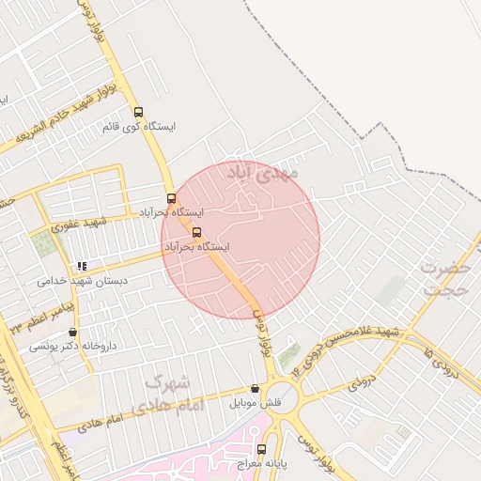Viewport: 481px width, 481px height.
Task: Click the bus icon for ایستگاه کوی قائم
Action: tap(139, 112)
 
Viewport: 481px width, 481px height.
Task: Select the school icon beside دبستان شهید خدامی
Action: tap(83, 266)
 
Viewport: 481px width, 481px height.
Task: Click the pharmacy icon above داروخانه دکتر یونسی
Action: tap(73, 332)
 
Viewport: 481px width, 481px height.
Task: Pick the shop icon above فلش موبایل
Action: tap(255, 389)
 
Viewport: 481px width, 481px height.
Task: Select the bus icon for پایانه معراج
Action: tap(261, 449)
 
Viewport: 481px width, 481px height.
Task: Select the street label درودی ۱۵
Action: tap(442, 365)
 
